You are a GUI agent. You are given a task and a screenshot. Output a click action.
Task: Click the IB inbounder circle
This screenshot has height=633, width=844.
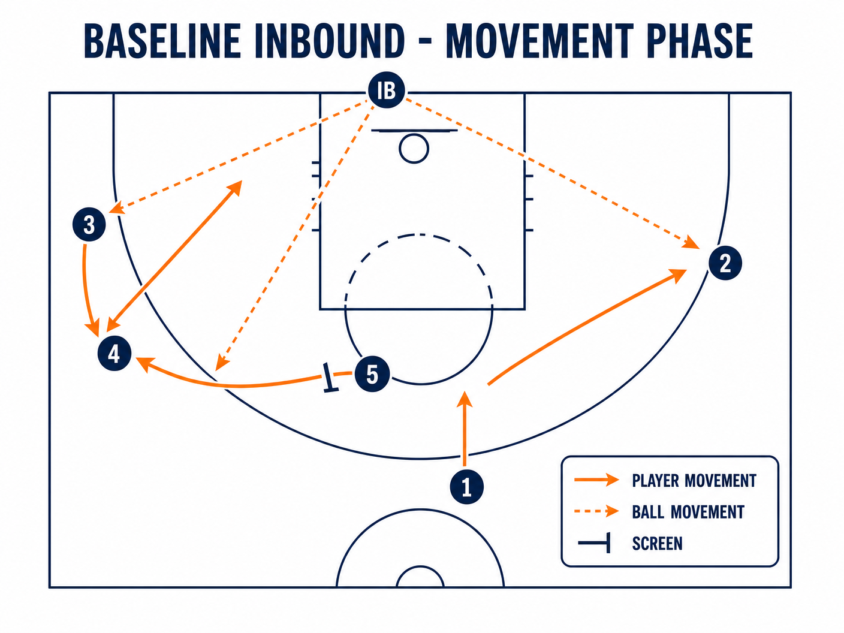coord(386,90)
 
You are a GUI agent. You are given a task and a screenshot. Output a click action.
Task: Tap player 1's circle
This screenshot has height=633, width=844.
coord(466,487)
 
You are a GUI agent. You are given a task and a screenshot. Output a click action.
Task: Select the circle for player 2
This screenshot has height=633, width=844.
coord(725,263)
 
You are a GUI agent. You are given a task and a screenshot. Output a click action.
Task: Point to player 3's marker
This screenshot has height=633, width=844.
coord(89,224)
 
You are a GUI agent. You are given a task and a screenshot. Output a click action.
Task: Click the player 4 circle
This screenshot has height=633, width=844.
coord(114,354)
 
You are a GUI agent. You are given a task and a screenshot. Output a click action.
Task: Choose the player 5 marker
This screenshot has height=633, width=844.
coord(372,374)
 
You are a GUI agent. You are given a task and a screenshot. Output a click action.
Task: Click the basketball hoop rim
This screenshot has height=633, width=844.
coord(414,148)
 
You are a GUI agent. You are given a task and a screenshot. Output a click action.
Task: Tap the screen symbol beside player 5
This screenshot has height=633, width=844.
coord(330,378)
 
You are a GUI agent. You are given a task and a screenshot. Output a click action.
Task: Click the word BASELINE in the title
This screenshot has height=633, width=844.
coord(162,41)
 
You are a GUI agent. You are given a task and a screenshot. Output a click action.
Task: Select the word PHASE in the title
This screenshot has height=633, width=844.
coord(699,41)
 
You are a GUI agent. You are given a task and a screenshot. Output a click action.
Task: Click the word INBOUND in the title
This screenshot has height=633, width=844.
coord(330,41)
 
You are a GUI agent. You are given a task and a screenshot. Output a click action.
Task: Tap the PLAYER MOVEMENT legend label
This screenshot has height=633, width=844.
coord(694,481)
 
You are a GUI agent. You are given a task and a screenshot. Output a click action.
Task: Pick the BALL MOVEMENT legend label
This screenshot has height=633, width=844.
coord(688,512)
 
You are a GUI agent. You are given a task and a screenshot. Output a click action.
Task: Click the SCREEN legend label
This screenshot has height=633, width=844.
coord(657,544)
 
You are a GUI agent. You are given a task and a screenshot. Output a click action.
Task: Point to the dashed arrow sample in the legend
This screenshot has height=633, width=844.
coord(596,511)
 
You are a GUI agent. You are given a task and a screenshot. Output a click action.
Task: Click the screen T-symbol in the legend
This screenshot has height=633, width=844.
coord(595,542)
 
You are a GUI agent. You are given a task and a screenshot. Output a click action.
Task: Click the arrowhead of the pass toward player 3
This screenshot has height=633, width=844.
coord(116,209)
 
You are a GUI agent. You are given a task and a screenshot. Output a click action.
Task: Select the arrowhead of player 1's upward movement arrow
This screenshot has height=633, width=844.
coord(465,399)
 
